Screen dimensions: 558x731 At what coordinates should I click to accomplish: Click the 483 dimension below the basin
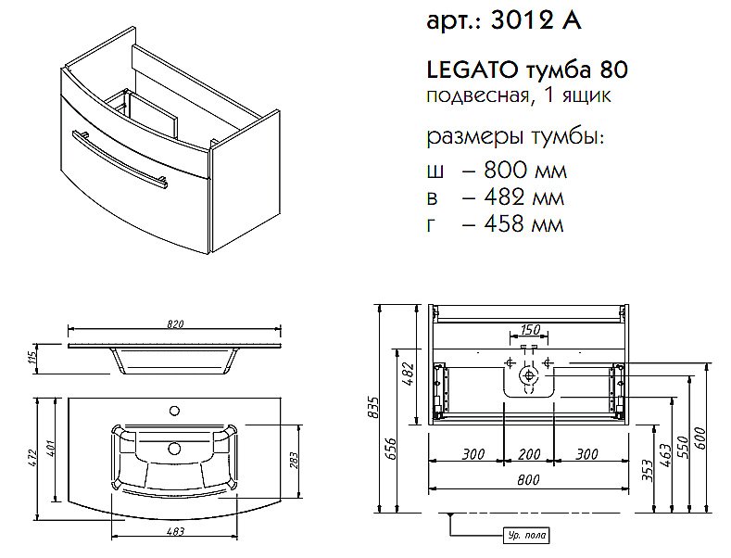176,532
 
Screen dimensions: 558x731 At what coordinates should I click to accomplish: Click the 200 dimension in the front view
528,454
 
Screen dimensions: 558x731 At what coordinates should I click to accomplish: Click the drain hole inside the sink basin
173,448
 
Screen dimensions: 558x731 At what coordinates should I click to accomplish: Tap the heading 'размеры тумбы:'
513,138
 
